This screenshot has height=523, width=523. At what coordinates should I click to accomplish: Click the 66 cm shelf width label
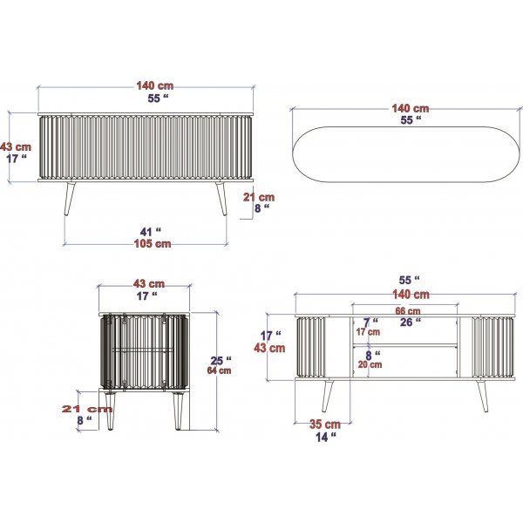(407, 311)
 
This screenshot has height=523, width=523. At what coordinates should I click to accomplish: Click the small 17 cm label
(368, 332)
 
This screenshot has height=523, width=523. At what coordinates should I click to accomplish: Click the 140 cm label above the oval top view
(410, 109)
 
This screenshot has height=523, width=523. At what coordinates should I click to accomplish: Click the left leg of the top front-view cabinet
(68, 200)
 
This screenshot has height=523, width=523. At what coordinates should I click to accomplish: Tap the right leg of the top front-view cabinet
(220, 200)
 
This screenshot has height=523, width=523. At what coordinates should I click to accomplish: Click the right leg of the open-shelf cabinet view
(481, 396)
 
